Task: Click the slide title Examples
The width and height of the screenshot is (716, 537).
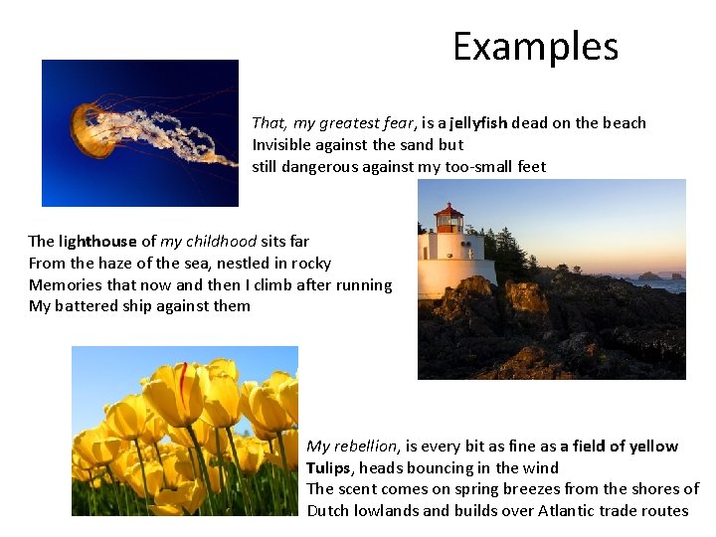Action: click(535, 47)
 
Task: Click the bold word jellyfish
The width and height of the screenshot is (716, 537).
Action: click(478, 123)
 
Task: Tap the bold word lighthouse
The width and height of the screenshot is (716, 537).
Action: click(97, 241)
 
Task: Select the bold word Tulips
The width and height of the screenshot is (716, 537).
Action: click(329, 467)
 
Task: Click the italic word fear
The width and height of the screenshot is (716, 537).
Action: click(398, 123)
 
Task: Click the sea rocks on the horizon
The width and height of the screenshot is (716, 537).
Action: click(656, 276)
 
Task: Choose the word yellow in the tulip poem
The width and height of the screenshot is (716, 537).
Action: click(652, 446)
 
